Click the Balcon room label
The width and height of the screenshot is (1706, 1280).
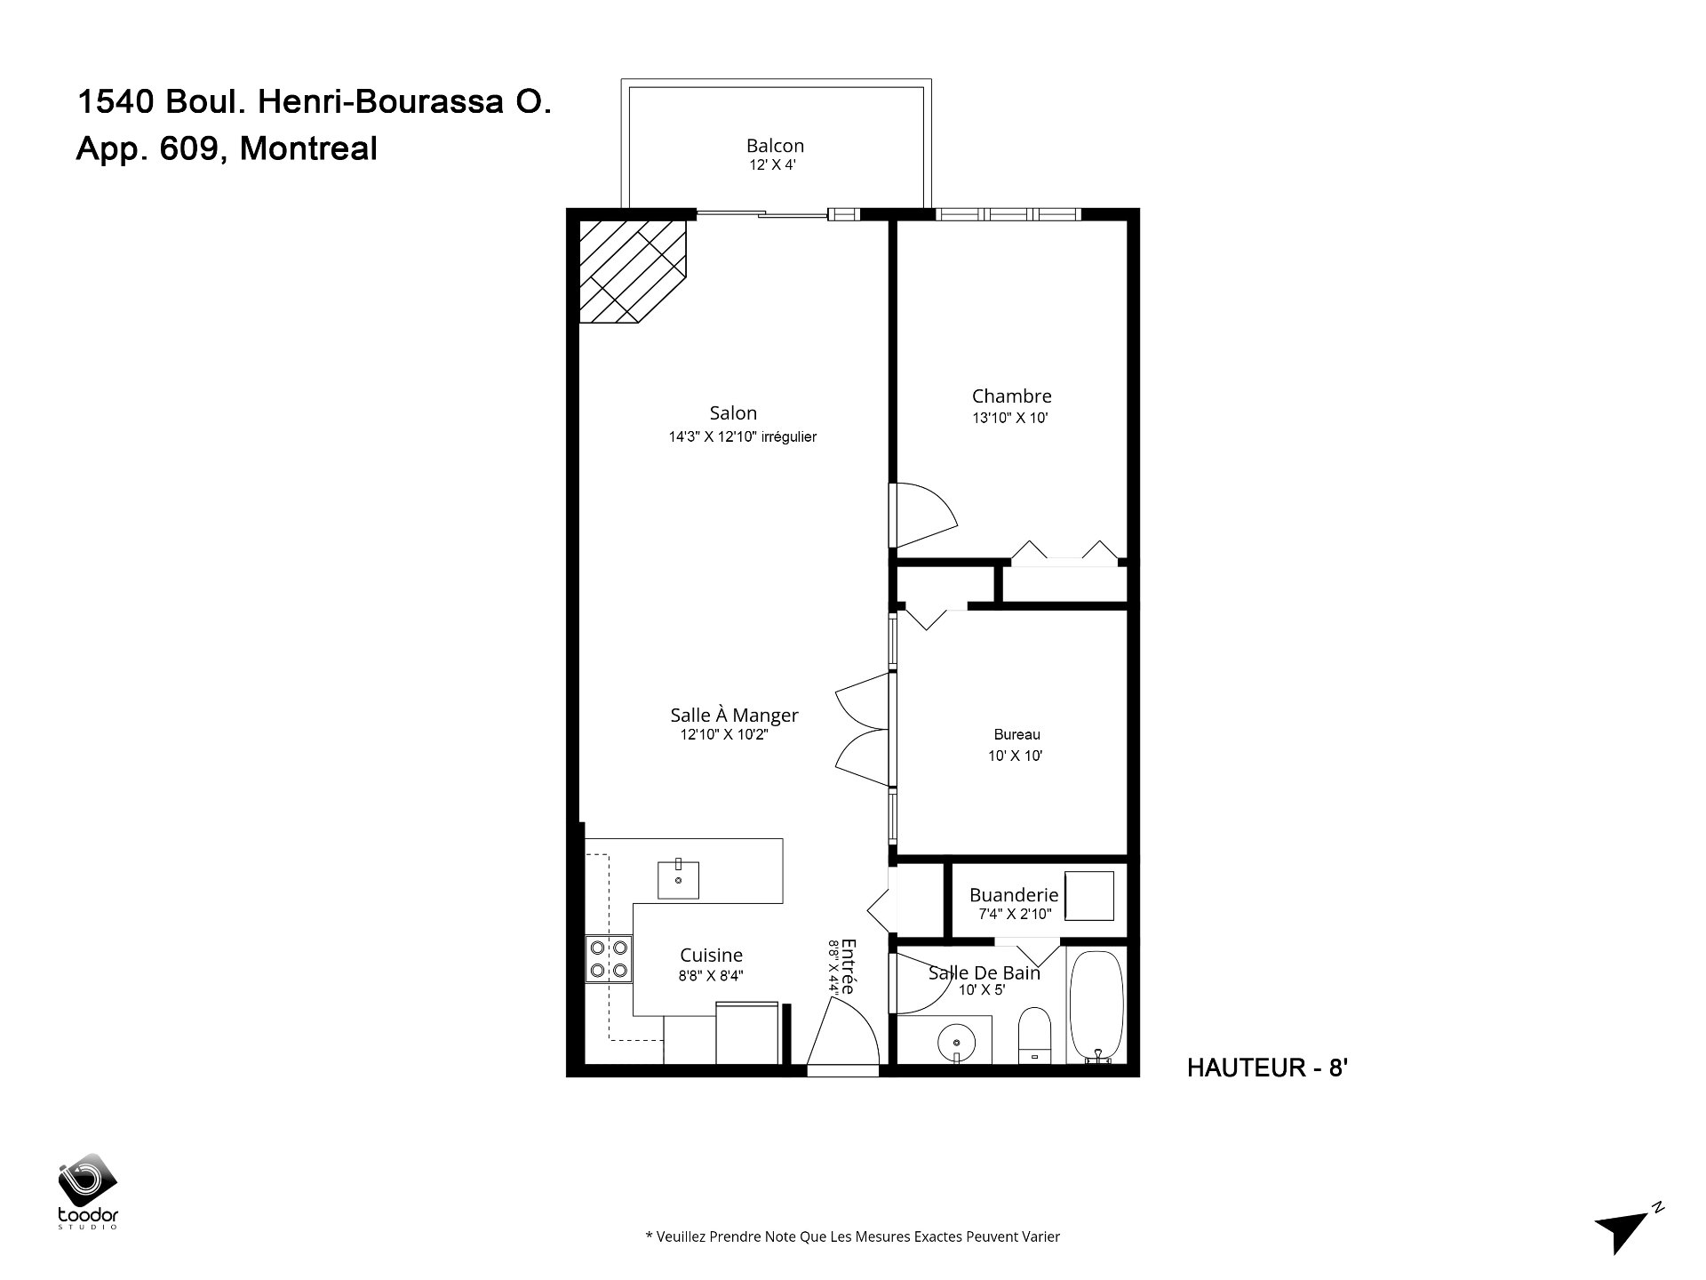pyautogui.click(x=775, y=146)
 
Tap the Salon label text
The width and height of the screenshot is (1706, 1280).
pyautogui.click(x=733, y=412)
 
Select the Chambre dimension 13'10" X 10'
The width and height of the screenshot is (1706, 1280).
pyautogui.click(x=1011, y=418)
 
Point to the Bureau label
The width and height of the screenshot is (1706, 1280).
pyautogui.click(x=1016, y=735)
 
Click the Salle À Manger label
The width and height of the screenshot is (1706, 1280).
pyautogui.click(x=734, y=715)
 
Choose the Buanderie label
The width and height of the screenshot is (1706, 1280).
pyautogui.click(x=1014, y=895)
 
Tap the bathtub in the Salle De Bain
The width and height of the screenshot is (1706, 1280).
pyautogui.click(x=1096, y=1008)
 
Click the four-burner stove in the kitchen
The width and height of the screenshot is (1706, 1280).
pyautogui.click(x=609, y=959)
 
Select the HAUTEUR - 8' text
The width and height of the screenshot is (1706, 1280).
pyautogui.click(x=1268, y=1068)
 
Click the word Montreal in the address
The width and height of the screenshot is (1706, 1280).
pyautogui.click(x=308, y=148)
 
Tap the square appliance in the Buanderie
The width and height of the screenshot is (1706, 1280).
pyautogui.click(x=1089, y=896)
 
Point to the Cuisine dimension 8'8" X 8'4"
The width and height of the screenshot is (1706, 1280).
pyautogui.click(x=711, y=975)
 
